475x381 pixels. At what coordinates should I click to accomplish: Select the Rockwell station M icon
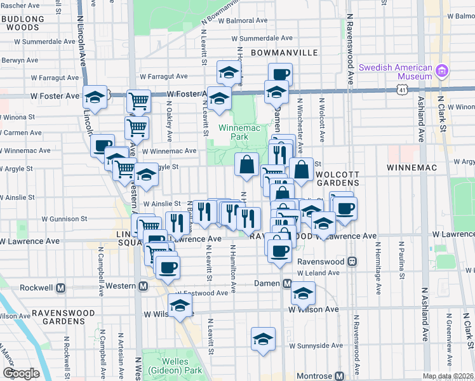point(61,288)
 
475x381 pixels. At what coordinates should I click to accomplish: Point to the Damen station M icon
point(287,283)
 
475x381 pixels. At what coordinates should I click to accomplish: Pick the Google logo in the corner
point(20,373)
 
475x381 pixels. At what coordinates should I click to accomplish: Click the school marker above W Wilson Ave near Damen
point(303,293)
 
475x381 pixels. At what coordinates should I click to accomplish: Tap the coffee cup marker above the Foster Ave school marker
point(279,74)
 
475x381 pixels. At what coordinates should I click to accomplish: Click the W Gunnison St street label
point(65,218)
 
